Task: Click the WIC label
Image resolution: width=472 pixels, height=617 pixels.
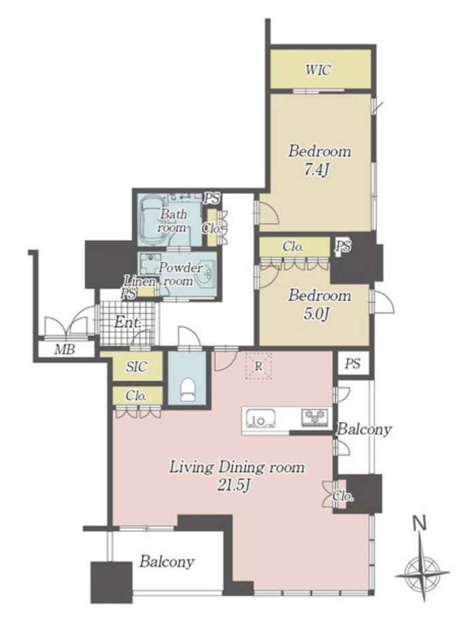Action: coord(318,71)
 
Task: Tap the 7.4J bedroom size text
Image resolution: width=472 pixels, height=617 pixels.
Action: coord(317,171)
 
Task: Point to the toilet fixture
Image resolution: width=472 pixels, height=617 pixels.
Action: coord(188,390)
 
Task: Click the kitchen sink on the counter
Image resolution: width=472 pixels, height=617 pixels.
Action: coord(260,418)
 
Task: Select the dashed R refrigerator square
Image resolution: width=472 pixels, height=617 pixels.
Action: coord(258,367)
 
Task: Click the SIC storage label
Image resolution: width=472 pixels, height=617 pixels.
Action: coord(137,367)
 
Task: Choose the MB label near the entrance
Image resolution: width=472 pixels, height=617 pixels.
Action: coord(65,349)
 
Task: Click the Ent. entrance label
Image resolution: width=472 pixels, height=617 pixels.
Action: coord(128,323)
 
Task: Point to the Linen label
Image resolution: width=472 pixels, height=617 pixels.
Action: coord(139,282)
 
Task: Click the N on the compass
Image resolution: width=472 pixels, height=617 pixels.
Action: coord(420,524)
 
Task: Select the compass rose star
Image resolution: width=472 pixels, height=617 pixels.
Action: coord(423,572)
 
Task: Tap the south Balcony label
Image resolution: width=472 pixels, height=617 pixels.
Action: coord(167,561)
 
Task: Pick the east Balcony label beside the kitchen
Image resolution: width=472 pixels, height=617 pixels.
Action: coord(365,429)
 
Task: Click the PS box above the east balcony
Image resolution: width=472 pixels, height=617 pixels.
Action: coord(352,363)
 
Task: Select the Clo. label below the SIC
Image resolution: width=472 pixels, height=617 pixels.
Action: coord(136,396)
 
